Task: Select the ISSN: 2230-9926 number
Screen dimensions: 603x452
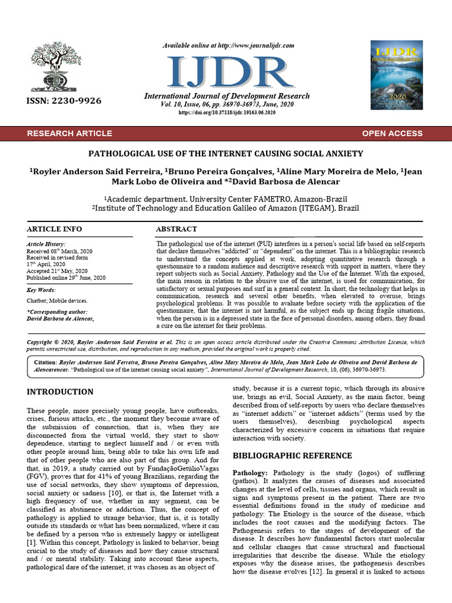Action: click(x=64, y=101)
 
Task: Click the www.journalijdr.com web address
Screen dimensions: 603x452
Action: click(x=250, y=45)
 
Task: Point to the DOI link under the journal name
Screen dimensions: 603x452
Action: click(x=227, y=112)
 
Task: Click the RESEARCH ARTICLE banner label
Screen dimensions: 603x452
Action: click(x=69, y=133)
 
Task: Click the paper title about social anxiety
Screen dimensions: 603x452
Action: click(x=225, y=154)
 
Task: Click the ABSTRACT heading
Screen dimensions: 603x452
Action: click(x=177, y=228)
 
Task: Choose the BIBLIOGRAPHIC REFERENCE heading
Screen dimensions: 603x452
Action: click(x=293, y=455)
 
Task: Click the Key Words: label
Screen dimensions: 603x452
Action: click(x=42, y=290)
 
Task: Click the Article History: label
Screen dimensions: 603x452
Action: click(x=46, y=244)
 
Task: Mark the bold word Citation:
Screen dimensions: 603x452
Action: click(x=48, y=362)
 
